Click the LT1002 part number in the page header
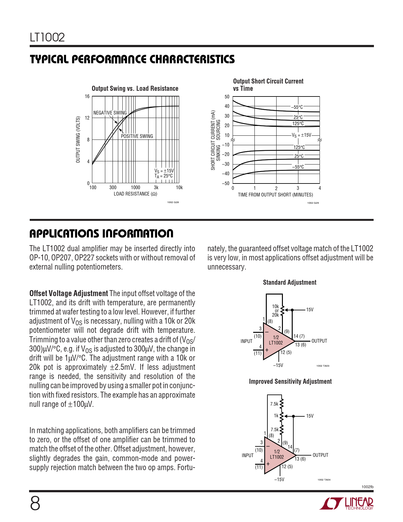pos(47,37)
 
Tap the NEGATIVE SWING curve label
pos(110,113)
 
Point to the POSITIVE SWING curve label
pos(137,136)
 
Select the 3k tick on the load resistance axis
pos(156,188)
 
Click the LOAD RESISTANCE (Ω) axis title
pos(135,194)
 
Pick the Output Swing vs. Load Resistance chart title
pos(135,89)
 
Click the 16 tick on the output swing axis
pos(87,96)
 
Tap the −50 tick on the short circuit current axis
pos(225,183)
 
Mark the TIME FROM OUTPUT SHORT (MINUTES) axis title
pos(275,195)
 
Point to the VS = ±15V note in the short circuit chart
pos(301,135)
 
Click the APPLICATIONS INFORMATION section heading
pos(101,234)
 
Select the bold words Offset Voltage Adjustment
pos(69,294)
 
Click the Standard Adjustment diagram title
pos(290,283)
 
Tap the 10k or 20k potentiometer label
pos(275,311)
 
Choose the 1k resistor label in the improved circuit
pos(276,416)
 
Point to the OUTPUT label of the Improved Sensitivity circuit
pos(321,455)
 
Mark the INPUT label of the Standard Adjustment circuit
pos(247,341)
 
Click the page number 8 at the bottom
pos(35,504)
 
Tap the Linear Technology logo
pos(346,504)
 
